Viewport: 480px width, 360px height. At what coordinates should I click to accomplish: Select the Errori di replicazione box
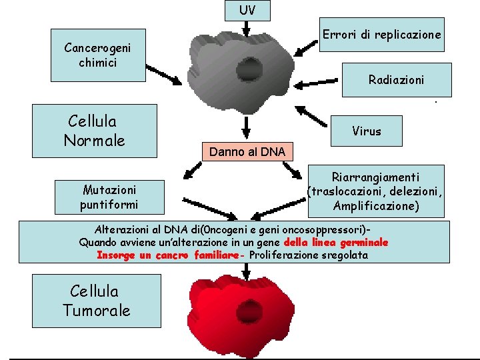381,35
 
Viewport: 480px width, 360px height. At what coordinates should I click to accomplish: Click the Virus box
367,131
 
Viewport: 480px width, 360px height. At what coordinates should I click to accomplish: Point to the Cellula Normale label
94,131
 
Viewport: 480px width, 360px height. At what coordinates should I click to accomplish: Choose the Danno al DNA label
247,152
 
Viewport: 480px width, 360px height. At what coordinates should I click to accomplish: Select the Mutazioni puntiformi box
109,197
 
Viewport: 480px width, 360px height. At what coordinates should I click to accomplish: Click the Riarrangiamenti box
376,192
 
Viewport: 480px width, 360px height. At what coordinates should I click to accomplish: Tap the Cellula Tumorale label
97,301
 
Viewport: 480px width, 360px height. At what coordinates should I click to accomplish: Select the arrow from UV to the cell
246,29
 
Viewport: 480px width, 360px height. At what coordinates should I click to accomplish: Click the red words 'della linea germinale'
336,243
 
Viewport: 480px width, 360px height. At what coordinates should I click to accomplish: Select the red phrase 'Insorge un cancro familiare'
167,255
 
